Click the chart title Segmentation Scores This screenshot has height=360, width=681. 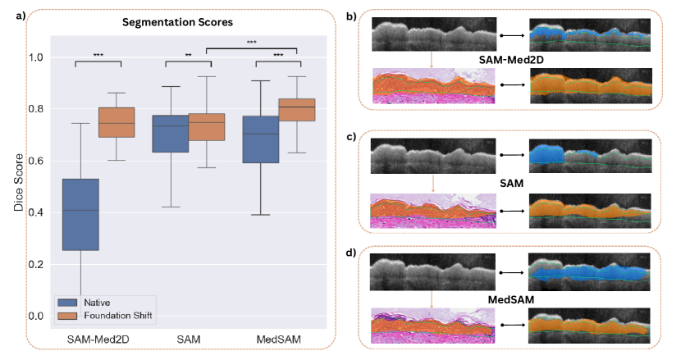(181, 21)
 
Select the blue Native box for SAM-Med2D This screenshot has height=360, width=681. (80, 214)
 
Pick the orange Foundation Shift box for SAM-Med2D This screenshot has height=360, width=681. (117, 122)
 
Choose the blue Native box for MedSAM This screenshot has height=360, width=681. (260, 139)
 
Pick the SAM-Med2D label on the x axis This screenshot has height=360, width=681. (98, 339)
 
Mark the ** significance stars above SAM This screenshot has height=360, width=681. (189, 56)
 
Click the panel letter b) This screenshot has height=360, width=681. (350, 16)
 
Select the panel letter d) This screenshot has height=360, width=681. (350, 251)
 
